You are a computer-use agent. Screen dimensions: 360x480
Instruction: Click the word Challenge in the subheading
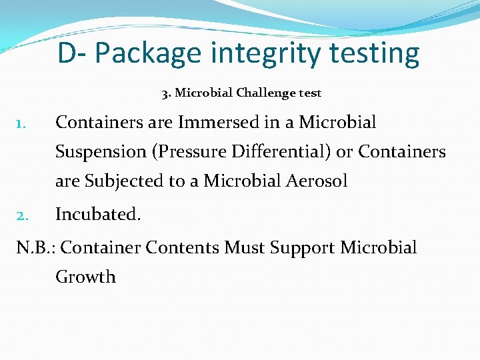tap(262, 93)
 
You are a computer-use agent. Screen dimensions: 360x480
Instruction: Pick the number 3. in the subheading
tap(167, 93)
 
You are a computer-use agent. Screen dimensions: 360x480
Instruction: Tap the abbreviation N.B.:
tap(37, 248)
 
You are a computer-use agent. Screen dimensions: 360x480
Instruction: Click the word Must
tap(245, 248)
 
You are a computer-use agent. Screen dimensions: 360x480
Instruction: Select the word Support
tap(303, 248)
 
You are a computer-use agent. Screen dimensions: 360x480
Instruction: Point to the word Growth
tap(85, 277)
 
